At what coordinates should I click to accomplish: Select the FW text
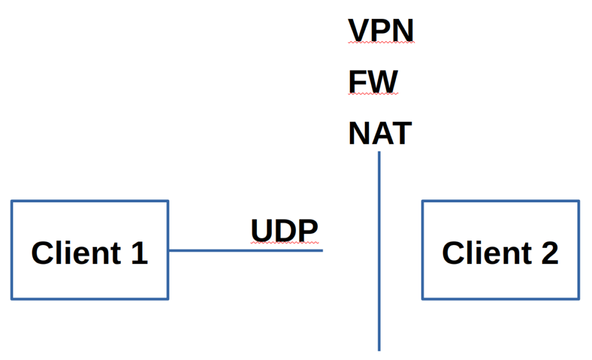point(373,81)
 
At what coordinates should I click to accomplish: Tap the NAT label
point(380,133)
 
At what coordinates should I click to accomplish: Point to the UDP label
point(284,230)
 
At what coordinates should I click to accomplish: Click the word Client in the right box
point(484,253)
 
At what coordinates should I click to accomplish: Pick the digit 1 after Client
point(139,253)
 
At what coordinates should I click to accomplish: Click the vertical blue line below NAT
point(379,248)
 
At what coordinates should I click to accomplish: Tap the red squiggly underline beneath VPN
point(381,43)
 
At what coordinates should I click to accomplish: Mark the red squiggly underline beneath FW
point(373,94)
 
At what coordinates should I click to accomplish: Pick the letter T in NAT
point(401,133)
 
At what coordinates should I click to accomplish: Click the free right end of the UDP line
point(321,250)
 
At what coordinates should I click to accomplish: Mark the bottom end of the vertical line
point(379,349)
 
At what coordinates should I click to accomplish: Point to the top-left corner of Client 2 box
point(423,201)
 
